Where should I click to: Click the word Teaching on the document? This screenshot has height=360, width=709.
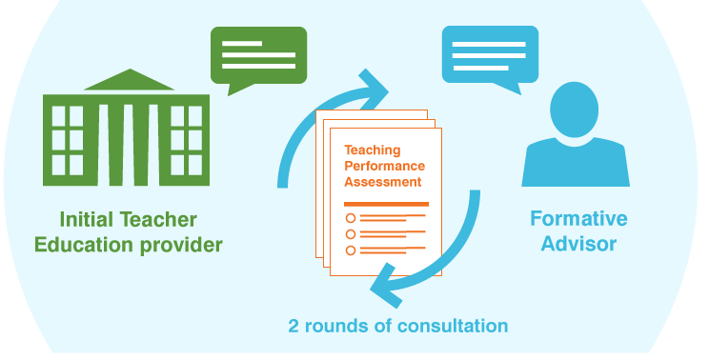point(373,150)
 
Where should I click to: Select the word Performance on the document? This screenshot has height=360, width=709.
point(384,166)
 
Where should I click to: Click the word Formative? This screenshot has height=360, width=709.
point(578,219)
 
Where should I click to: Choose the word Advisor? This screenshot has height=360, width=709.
point(578,244)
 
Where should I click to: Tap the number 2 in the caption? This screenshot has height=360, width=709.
point(294,326)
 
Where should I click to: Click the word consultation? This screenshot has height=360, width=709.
point(453,326)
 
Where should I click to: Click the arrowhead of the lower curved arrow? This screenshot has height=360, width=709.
point(384,280)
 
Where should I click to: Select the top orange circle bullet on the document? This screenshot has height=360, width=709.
point(351,218)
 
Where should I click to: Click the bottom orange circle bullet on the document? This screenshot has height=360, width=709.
point(351,250)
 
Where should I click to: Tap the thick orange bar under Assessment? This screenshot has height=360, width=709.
point(386,204)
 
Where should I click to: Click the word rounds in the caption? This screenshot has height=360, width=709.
point(334,326)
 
